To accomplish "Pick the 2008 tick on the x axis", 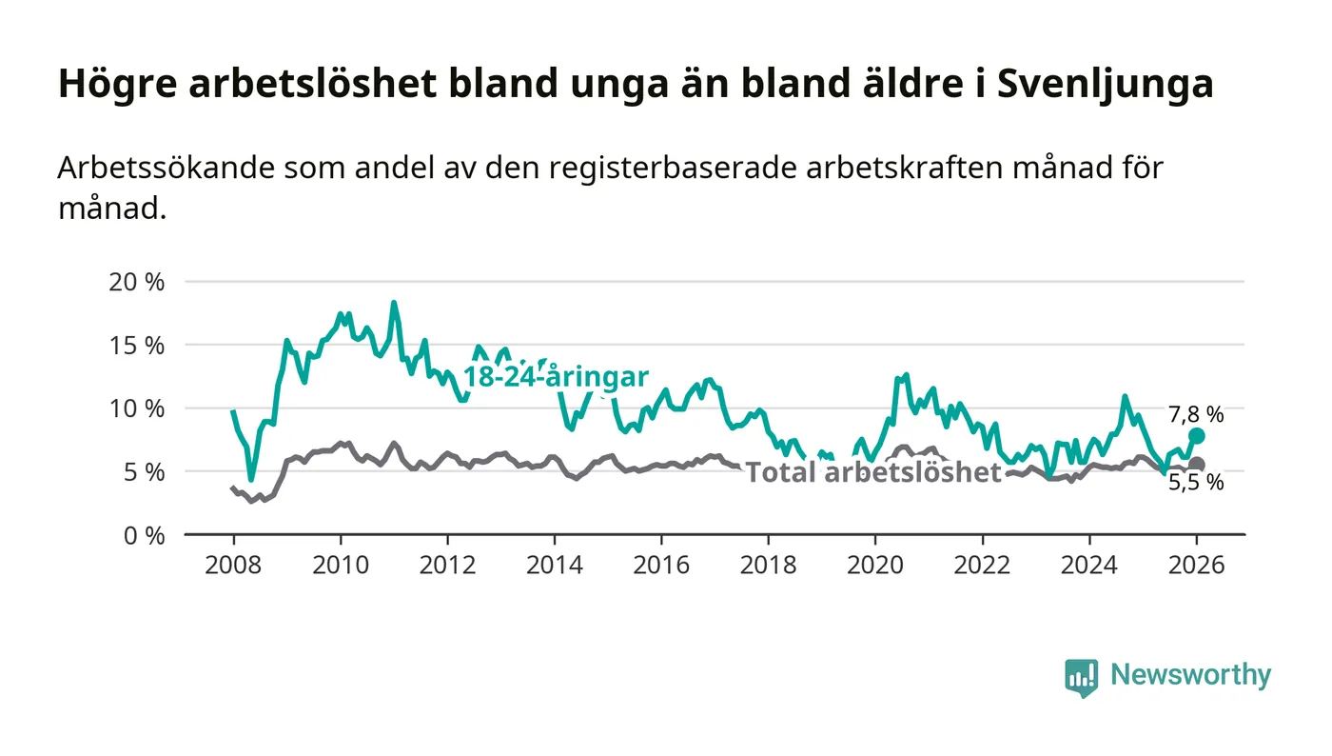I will [233, 564].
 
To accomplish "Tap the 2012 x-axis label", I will [447, 564].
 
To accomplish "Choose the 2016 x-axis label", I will [661, 564].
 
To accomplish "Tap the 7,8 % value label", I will [1196, 414].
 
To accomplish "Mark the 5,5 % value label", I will [1196, 483].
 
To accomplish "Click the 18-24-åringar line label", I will [556, 376].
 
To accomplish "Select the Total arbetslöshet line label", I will [873, 472].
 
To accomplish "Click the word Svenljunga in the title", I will [1105, 85].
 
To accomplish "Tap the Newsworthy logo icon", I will [1081, 677].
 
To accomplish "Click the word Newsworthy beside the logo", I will [1190, 675].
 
